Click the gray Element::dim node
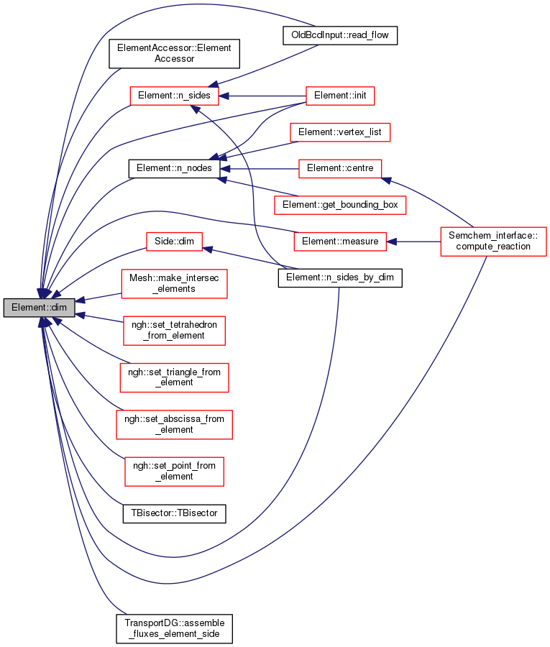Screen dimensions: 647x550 39,308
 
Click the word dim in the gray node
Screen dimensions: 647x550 59,308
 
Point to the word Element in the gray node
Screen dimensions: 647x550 27,308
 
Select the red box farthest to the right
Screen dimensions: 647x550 493,242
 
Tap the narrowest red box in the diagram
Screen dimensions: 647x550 174,242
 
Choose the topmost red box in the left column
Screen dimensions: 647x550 174,96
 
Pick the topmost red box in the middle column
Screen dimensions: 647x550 340,96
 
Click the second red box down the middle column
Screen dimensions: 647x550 340,132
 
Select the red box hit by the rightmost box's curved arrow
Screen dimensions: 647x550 340,169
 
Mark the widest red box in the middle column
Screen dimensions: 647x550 340,205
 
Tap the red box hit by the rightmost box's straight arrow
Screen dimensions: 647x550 340,242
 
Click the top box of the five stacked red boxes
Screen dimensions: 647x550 174,284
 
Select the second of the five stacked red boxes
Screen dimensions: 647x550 174,331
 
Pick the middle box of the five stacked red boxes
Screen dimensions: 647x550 174,377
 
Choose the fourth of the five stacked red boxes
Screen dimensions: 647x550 174,425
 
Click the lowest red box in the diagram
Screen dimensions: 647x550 174,472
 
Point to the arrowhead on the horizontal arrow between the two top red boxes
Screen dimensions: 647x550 224,96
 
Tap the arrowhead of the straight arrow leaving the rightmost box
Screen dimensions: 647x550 392,242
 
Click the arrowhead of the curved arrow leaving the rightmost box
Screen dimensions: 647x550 387,180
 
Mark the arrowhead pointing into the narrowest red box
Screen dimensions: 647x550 208,249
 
